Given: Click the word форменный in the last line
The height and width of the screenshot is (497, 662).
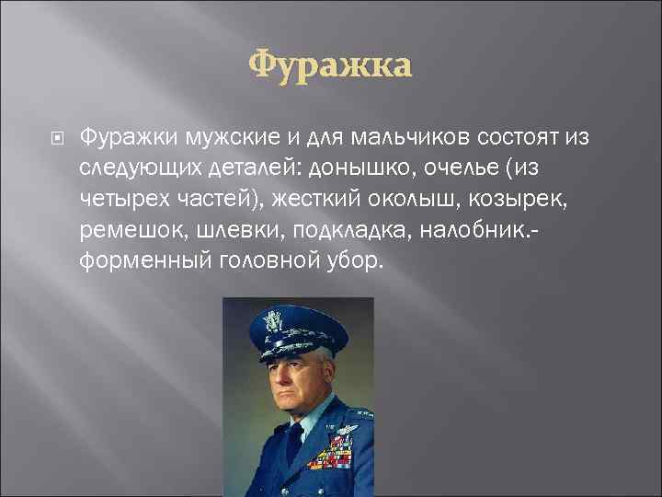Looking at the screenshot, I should coord(145,260).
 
